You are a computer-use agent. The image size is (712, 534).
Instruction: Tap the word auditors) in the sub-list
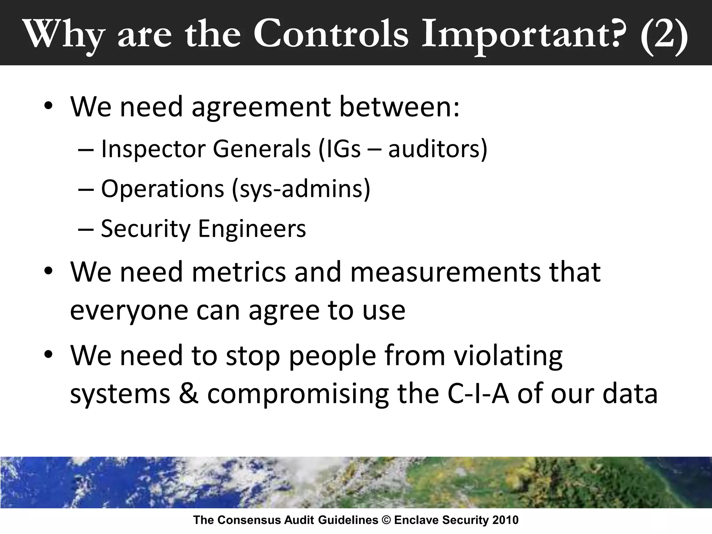[x=438, y=149]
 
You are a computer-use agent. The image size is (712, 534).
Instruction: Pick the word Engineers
[x=252, y=229]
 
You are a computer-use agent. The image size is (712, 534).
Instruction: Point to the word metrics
[x=238, y=272]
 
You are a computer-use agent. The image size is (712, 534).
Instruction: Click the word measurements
[x=445, y=272]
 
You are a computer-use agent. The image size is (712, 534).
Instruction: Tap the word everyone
[x=129, y=310]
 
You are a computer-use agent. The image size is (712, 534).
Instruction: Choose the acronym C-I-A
[x=478, y=394]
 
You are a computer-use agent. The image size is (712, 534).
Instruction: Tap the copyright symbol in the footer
[x=386, y=520]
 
